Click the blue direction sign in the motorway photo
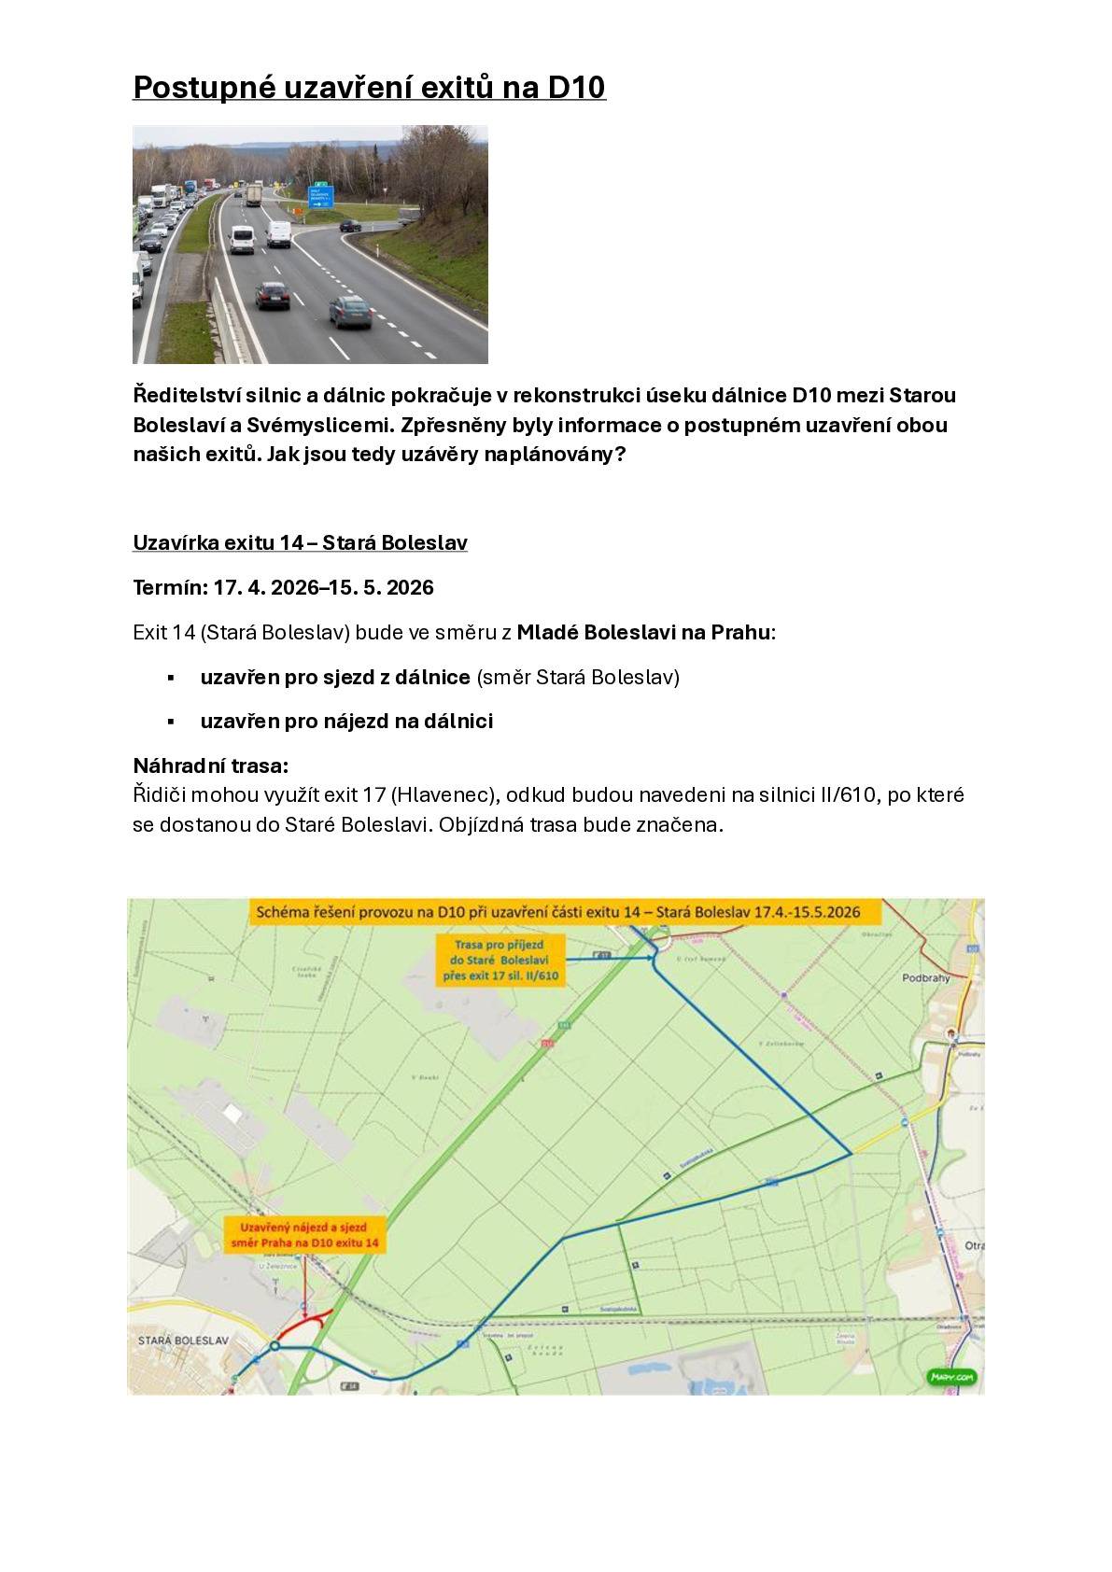pos(320,198)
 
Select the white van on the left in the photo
pos(242,240)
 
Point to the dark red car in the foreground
pos(272,296)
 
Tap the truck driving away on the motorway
pos(253,195)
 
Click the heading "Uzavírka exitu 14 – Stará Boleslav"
pos(300,542)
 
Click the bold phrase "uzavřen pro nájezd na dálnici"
pos(346,721)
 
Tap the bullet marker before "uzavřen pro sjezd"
pos(171,677)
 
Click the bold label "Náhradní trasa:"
pos(211,765)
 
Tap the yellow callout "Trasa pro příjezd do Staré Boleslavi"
pos(500,960)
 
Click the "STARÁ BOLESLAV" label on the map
pos(182,1340)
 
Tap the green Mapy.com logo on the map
pos(951,1377)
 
